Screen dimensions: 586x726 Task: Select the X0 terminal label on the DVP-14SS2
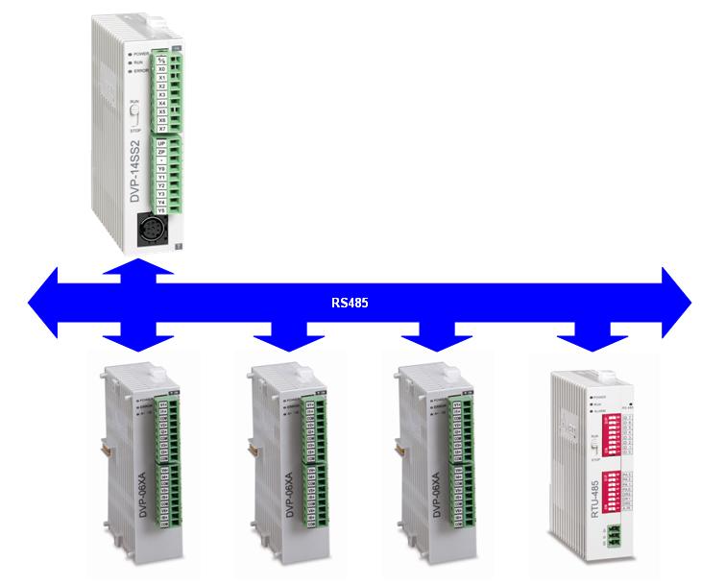(x=161, y=69)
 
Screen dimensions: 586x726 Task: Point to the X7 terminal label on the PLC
(x=161, y=127)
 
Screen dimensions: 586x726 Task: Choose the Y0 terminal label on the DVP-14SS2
(x=161, y=166)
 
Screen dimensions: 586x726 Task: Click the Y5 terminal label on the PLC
(x=161, y=209)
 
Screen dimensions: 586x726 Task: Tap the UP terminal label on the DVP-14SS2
(x=161, y=143)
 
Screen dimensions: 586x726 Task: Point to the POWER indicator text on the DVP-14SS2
(x=143, y=44)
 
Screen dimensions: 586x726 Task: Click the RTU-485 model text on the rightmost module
(x=569, y=501)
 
